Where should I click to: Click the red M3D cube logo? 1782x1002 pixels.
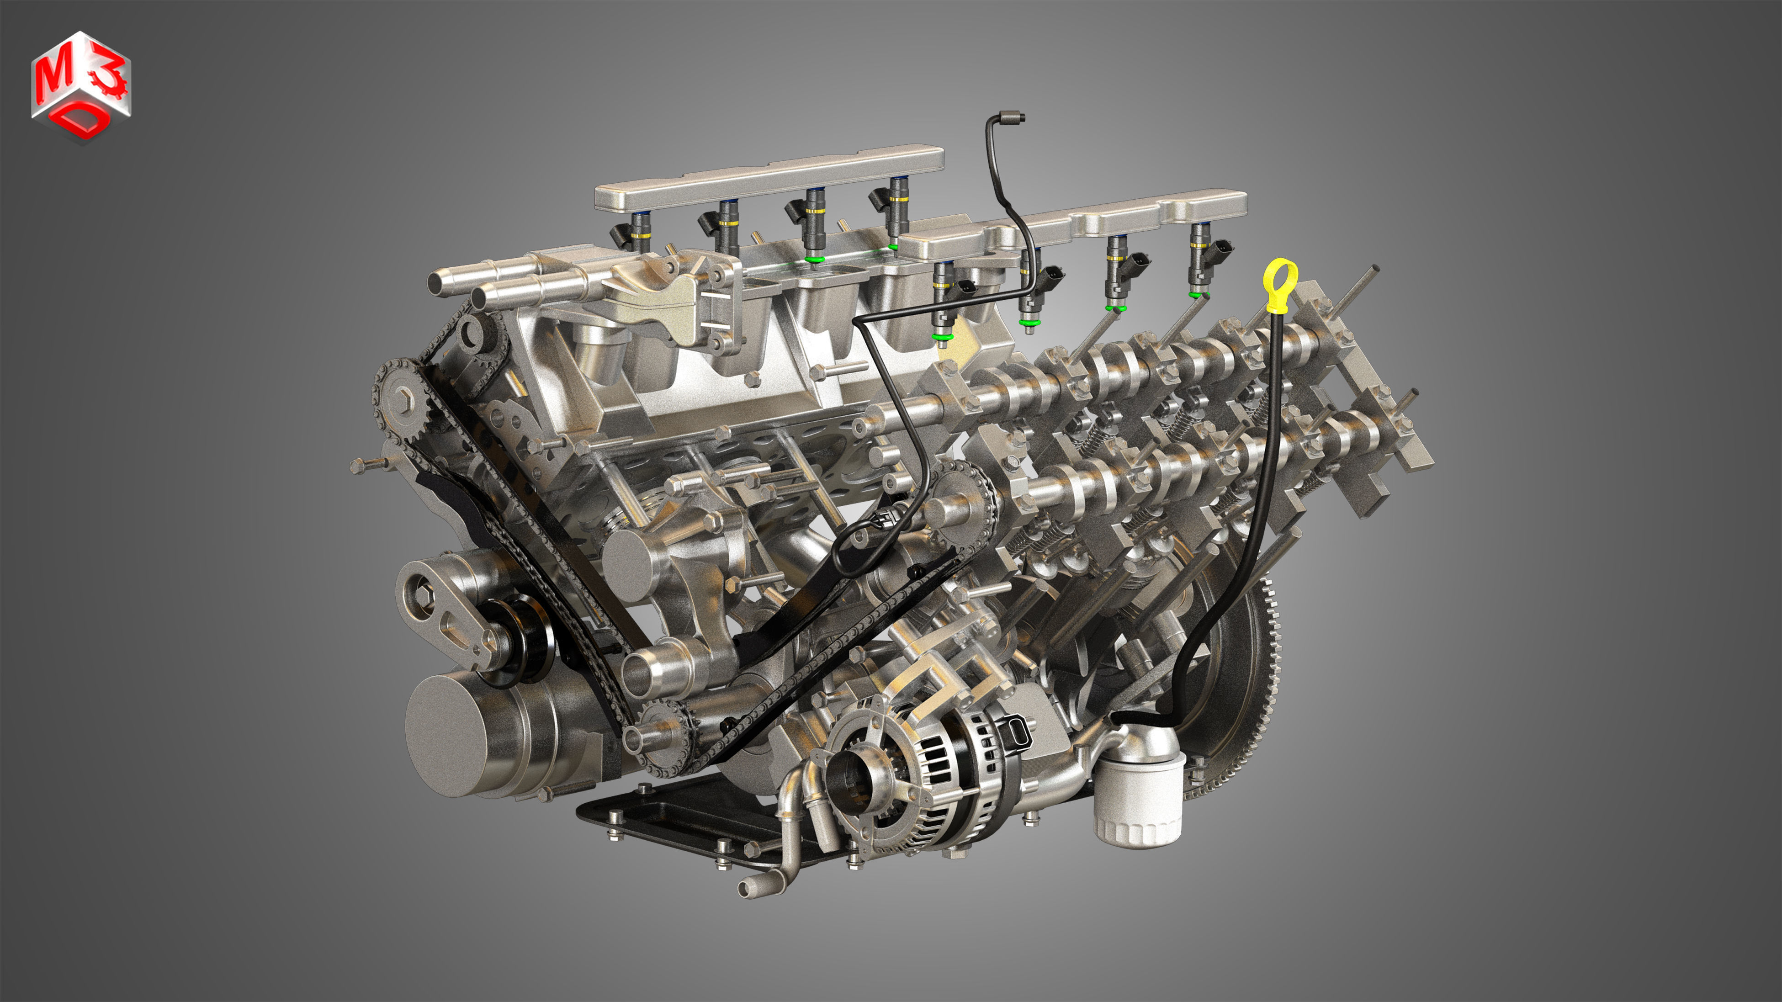(x=81, y=86)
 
